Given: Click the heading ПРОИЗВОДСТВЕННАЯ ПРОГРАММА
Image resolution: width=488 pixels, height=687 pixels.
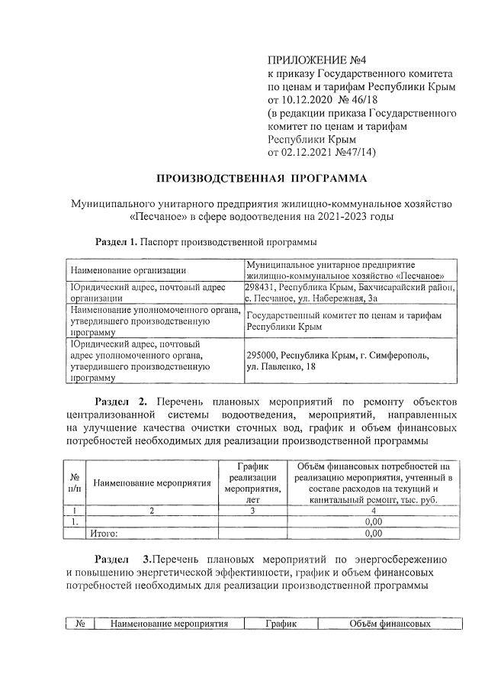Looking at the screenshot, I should click(x=262, y=179).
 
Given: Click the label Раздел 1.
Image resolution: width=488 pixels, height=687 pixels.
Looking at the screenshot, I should click(x=115, y=242).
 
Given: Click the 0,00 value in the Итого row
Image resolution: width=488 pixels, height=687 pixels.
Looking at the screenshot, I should click(x=373, y=533).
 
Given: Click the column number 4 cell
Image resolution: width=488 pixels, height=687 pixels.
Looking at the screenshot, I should click(x=373, y=510).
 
